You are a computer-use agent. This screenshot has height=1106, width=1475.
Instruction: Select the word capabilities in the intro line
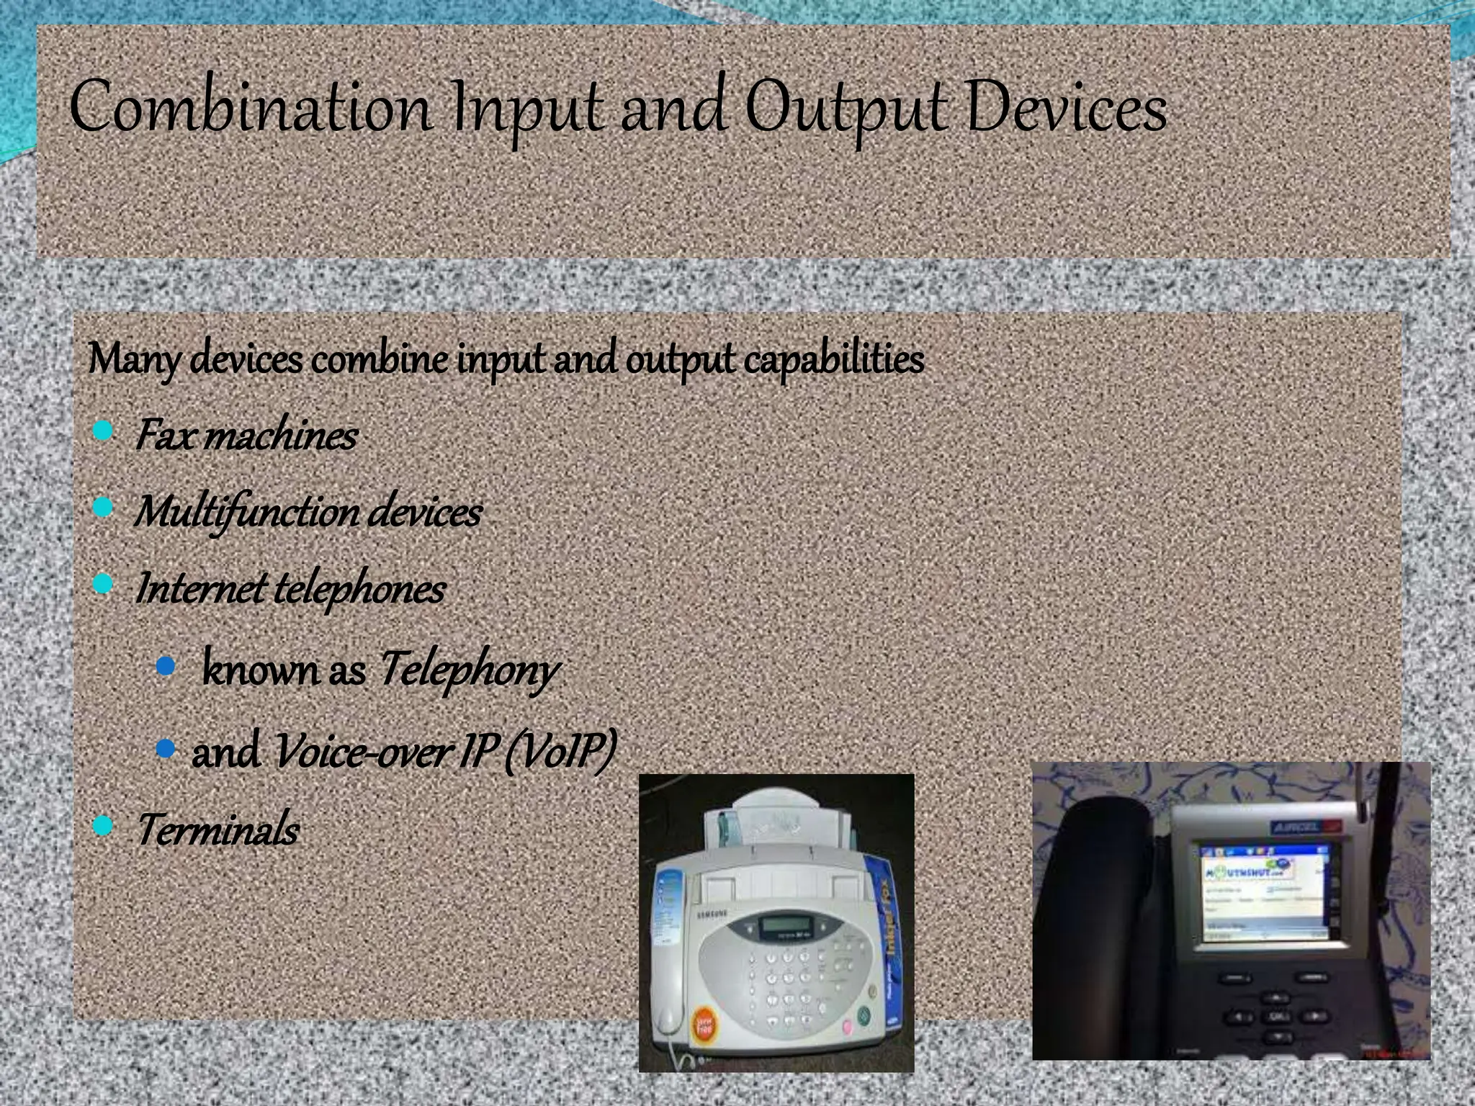pyautogui.click(x=833, y=359)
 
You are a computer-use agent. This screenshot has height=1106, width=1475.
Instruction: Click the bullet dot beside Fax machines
pyautogui.click(x=104, y=431)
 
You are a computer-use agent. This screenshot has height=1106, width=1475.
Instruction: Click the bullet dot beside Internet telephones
pyautogui.click(x=104, y=584)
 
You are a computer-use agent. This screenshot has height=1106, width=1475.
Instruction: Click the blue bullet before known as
pyautogui.click(x=166, y=666)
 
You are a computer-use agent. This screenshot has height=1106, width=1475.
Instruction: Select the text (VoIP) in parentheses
pyautogui.click(x=560, y=751)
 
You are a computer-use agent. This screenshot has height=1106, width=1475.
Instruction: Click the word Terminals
pyautogui.click(x=218, y=829)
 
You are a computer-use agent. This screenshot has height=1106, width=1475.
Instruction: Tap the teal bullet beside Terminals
pyautogui.click(x=104, y=825)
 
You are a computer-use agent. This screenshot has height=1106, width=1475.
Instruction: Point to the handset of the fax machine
pyautogui.click(x=668, y=958)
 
